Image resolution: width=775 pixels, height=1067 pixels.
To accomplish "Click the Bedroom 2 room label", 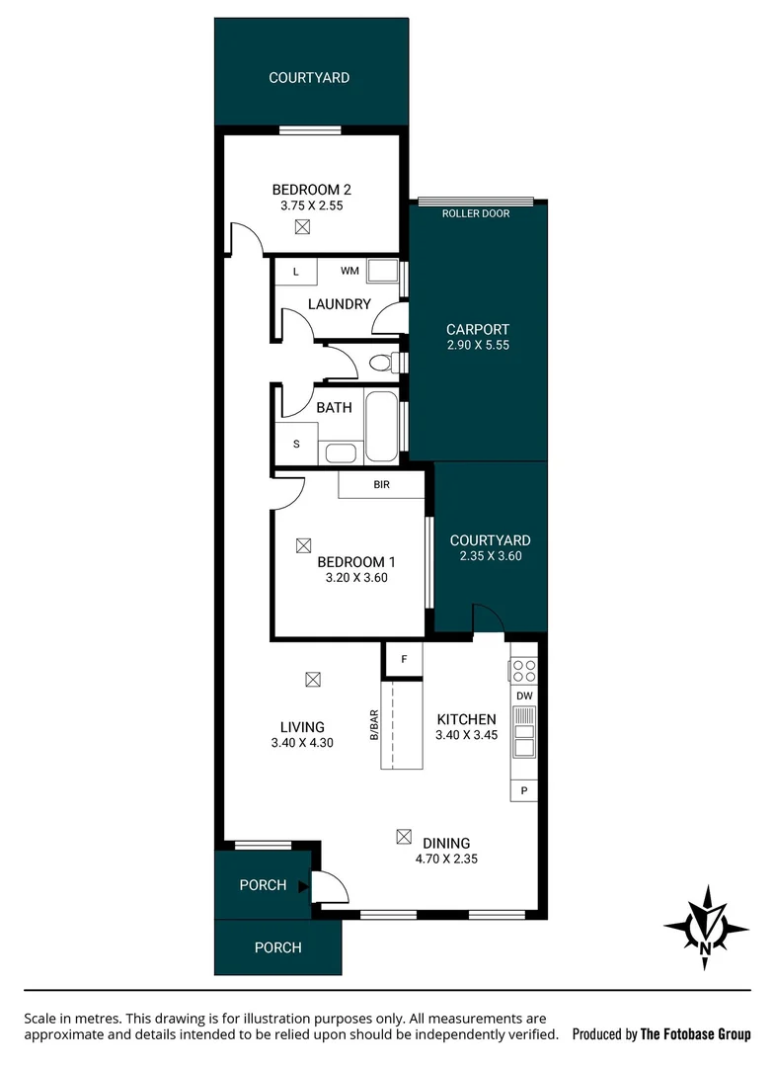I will pyautogui.click(x=311, y=190).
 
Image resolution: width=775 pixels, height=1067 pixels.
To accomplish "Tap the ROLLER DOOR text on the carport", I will pyautogui.click(x=476, y=213).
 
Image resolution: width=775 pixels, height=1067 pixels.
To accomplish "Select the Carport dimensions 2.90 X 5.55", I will pyautogui.click(x=477, y=346).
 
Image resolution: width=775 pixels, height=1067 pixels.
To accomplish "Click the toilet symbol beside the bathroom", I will pyautogui.click(x=380, y=364).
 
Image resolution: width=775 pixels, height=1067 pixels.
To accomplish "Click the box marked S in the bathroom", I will pyautogui.click(x=296, y=444).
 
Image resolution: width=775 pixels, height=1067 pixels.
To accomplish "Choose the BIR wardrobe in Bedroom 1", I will pyautogui.click(x=381, y=485).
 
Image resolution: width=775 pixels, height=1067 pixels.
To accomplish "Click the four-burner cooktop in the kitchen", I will pyautogui.click(x=524, y=671).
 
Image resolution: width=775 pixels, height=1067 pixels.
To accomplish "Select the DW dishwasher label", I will pyautogui.click(x=524, y=697).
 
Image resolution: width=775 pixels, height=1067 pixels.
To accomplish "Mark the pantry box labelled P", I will pyautogui.click(x=524, y=790).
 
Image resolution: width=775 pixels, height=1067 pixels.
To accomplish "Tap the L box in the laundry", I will pyautogui.click(x=295, y=271).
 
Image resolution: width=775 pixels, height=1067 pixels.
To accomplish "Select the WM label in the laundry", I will pyautogui.click(x=349, y=270).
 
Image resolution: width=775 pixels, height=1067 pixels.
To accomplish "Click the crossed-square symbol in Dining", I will pyautogui.click(x=403, y=837).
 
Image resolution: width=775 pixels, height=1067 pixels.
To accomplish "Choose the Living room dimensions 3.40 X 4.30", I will pyautogui.click(x=302, y=744).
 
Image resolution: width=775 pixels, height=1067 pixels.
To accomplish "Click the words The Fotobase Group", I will pyautogui.click(x=695, y=1034).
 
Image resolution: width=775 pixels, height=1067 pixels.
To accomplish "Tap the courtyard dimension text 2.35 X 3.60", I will pyautogui.click(x=490, y=556).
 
